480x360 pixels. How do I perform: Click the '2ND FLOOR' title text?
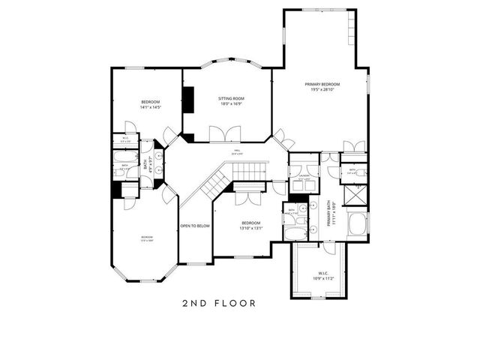point(219,304)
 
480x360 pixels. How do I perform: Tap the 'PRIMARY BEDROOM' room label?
point(322,84)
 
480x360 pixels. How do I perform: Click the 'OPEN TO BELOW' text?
point(194,226)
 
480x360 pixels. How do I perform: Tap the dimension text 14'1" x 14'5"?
point(150,107)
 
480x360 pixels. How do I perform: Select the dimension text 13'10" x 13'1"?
point(250,229)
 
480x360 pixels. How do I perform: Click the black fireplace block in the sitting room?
point(188,100)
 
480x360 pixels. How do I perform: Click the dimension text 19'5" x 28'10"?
point(322,90)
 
